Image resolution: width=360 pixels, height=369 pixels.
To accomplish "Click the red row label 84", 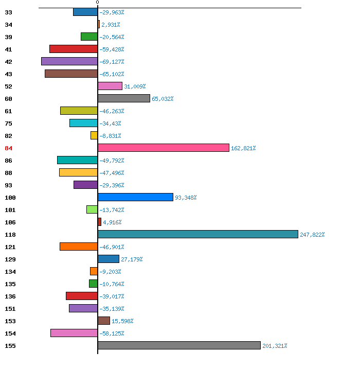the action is (8, 148).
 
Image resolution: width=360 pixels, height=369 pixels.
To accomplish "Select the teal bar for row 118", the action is (198, 234).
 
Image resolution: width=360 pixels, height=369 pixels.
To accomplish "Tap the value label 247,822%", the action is (312, 235).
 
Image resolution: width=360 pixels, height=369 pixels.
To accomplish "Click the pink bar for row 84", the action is (164, 148).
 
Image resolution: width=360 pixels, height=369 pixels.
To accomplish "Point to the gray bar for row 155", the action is (179, 345).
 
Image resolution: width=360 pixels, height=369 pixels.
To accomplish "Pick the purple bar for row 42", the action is (69, 61).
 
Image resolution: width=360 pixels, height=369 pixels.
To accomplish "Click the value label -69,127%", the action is (112, 62).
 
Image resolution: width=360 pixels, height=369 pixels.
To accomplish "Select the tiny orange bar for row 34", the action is (99, 24).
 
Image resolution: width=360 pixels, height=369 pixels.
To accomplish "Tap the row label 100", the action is (10, 198).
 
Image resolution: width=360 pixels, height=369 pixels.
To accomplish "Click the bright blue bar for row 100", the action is (135, 197).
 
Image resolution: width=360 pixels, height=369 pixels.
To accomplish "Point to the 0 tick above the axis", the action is (97, 3).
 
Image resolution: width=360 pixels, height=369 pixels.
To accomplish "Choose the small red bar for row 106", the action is (99, 222).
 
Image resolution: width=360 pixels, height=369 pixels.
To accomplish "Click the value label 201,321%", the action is (275, 346).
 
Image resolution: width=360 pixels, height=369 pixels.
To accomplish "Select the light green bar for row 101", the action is (92, 209).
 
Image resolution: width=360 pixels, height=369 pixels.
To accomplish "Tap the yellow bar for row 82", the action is (94, 135).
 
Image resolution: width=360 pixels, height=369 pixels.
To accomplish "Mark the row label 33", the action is (8, 12).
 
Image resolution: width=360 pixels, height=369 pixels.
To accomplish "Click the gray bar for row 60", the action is (124, 98).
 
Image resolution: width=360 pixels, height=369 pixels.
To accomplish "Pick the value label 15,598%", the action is (122, 321).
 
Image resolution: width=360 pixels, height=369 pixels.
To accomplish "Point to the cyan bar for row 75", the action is (83, 123).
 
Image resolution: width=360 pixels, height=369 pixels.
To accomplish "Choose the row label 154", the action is (10, 333).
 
